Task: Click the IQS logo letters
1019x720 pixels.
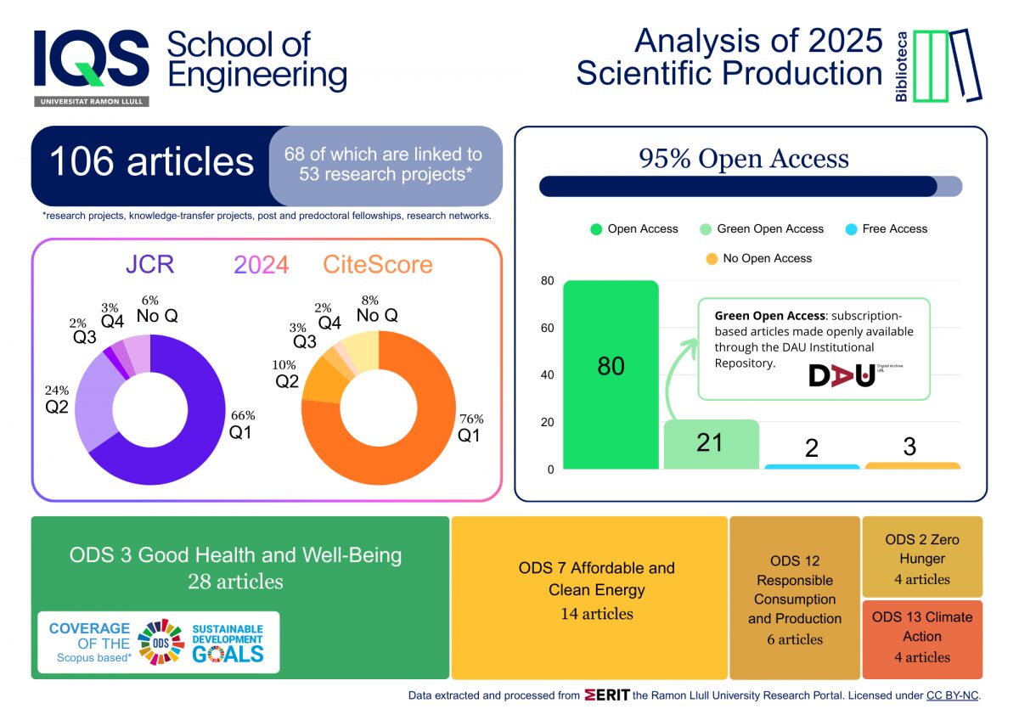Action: point(91,59)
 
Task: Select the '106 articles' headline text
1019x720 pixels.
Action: point(151,161)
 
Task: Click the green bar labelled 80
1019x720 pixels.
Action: point(611,374)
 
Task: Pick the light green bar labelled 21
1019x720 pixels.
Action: point(710,444)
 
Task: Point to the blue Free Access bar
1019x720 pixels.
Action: point(811,466)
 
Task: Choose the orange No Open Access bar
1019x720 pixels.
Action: point(912,465)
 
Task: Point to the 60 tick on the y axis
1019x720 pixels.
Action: point(548,328)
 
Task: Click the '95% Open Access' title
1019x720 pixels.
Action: point(743,159)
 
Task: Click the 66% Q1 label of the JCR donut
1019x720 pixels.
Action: point(242,424)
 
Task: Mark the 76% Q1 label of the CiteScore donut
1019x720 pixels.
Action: point(470,426)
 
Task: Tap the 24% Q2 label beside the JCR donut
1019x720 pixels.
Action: point(58,398)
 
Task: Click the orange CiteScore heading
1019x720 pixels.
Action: point(377,265)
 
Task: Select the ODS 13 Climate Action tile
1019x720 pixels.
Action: point(922,637)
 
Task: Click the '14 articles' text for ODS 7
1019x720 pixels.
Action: point(596,613)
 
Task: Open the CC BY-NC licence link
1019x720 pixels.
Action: point(953,695)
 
